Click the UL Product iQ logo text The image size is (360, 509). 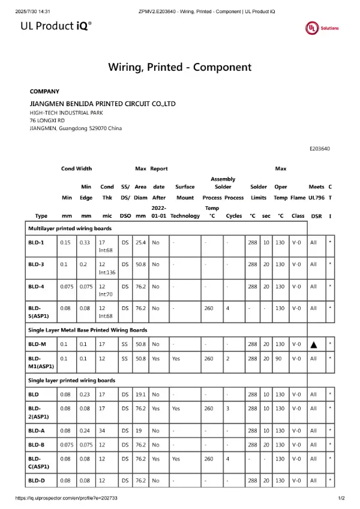[56, 26]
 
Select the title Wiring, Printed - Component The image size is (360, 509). [179, 67]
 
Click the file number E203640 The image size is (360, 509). [320, 149]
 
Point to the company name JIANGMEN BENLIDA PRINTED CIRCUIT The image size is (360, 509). [103, 104]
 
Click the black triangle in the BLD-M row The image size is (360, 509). [313, 345]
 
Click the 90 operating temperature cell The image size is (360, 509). [280, 359]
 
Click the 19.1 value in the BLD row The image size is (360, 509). [141, 394]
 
